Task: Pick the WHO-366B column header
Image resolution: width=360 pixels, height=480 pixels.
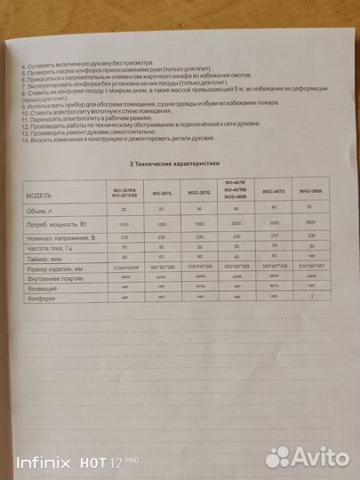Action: [310, 192]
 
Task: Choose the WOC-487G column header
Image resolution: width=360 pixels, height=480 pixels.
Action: [269, 192]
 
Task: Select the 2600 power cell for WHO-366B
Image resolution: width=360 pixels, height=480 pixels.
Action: [310, 225]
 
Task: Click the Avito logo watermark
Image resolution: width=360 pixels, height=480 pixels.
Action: [308, 457]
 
